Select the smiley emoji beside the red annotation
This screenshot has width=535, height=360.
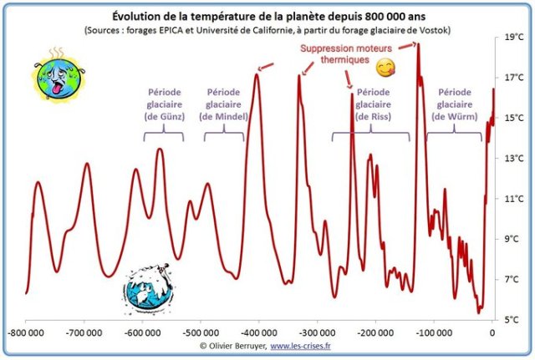click(384, 67)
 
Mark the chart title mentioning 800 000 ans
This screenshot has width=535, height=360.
click(267, 16)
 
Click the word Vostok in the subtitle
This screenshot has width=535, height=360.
click(435, 30)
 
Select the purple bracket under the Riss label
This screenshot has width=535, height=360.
click(370, 134)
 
